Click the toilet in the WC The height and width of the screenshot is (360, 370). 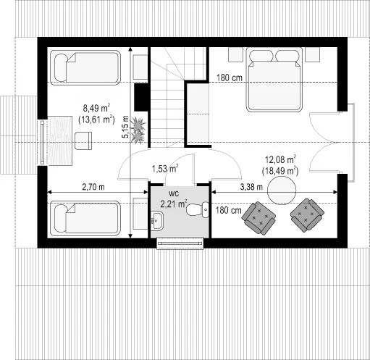(198, 209)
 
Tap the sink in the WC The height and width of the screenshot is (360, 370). (157, 221)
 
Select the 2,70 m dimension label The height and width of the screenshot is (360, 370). (93, 187)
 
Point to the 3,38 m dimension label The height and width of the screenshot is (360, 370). (251, 187)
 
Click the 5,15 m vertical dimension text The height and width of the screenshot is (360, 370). (125, 127)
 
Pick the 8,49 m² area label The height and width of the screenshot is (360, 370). (97, 108)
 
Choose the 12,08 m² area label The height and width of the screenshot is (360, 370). (281, 159)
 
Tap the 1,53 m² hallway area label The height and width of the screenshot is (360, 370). (165, 168)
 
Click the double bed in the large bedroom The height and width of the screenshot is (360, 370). (274, 80)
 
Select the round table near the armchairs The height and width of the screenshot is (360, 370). (282, 191)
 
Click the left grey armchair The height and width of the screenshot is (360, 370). (258, 218)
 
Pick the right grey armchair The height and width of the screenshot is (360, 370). (307, 215)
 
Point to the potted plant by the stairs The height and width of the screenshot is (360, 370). (138, 130)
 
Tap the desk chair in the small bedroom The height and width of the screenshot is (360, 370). (83, 141)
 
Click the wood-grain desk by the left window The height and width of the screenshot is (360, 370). (60, 141)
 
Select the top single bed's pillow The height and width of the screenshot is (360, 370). (61, 67)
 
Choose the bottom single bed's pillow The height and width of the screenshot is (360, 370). (61, 218)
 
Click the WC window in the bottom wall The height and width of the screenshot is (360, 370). (180, 243)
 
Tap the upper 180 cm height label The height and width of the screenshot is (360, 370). (229, 78)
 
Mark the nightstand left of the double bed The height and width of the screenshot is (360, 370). (235, 54)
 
